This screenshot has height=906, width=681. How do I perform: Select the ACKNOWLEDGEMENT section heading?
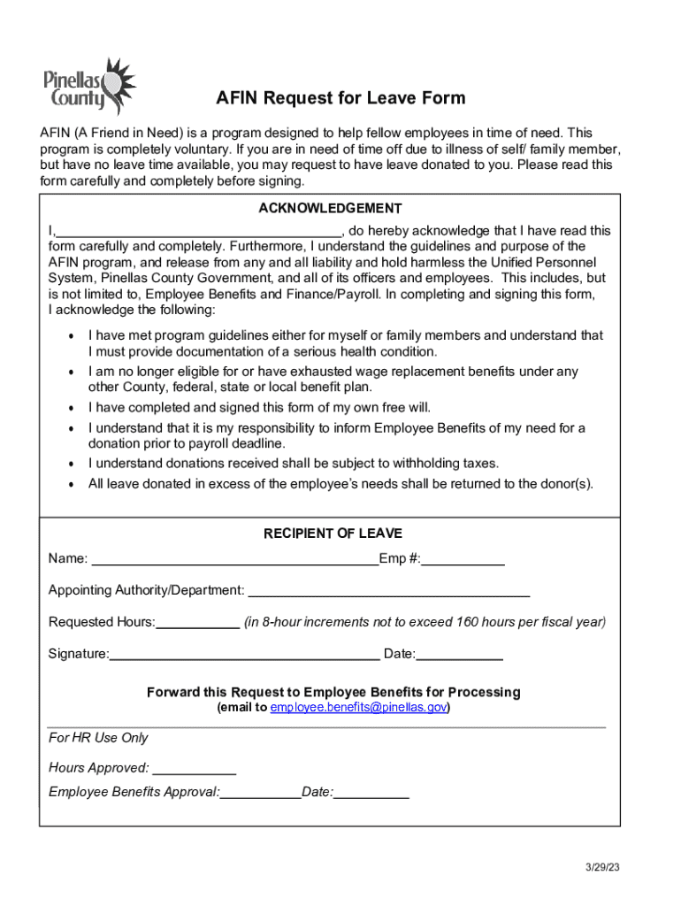[x=330, y=209]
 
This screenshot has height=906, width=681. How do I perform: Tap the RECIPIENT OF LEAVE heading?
[x=333, y=534]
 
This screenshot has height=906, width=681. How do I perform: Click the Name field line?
[x=234, y=560]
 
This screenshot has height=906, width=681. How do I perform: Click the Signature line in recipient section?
[x=244, y=656]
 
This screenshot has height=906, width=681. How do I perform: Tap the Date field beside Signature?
[x=459, y=656]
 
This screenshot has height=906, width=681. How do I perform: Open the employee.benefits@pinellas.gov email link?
[x=359, y=708]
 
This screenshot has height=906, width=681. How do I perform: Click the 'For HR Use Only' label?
[x=98, y=738]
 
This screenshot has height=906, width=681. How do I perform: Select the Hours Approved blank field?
[x=194, y=769]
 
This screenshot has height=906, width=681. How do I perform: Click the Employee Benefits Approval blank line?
[x=261, y=794]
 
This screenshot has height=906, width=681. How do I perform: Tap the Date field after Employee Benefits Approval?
[x=371, y=794]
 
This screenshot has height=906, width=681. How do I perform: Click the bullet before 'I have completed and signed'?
[x=70, y=409]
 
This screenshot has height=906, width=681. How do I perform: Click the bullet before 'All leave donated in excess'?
[x=70, y=485]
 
